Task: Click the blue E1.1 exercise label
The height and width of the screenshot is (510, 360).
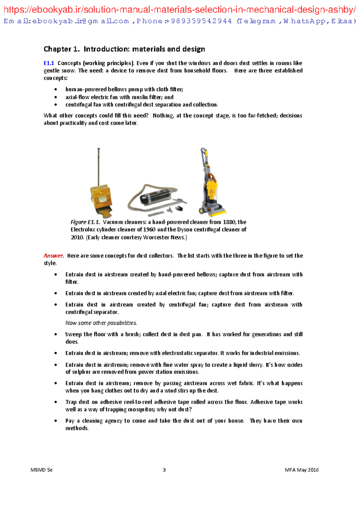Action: click(49, 63)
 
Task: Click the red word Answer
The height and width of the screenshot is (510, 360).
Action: click(54, 256)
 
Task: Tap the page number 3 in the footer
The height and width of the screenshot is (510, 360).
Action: click(164, 470)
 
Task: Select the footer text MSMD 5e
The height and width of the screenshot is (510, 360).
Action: click(41, 470)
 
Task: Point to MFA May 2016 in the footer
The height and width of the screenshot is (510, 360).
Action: click(301, 470)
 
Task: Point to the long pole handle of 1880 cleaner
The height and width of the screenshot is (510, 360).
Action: click(98, 165)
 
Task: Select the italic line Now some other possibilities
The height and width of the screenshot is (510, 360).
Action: click(101, 323)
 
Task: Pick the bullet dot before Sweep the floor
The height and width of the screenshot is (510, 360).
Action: click(55, 334)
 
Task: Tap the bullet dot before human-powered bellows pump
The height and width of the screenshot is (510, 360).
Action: click(55, 89)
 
